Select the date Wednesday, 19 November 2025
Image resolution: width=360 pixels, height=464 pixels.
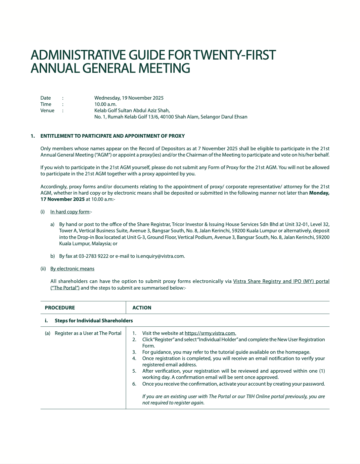(129, 98)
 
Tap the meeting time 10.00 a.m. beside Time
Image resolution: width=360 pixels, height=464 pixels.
(105, 104)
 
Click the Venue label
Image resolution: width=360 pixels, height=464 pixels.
(47, 111)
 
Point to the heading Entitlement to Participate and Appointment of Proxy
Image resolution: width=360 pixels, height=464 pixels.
(112, 136)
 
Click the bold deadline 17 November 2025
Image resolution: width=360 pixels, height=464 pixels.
(63, 199)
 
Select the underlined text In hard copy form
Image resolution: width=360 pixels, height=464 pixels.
(70, 212)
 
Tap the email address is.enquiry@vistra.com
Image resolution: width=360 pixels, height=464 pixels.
(160, 256)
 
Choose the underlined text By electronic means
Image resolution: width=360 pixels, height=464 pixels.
(72, 269)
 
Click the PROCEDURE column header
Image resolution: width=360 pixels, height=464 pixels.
(60, 308)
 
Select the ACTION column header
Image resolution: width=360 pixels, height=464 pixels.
(142, 308)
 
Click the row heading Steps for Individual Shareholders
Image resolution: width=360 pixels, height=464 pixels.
(94, 321)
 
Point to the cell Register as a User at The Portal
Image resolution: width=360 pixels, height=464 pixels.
(88, 333)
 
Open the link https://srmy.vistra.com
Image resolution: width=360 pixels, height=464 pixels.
(210, 333)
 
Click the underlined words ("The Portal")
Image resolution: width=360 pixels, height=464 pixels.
(65, 288)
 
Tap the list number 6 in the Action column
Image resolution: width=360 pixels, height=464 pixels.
(134, 384)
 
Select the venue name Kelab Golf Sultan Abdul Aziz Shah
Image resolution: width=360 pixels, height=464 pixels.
(132, 111)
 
